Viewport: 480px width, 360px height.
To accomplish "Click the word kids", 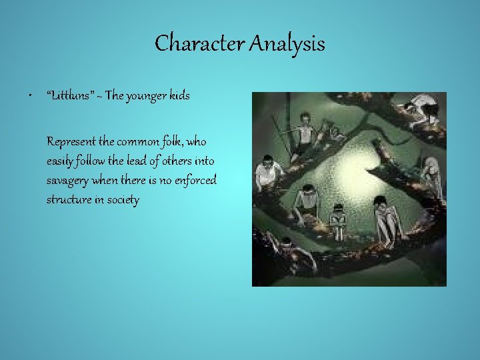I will coord(179,96).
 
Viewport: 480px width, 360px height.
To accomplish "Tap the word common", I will coord(143,142).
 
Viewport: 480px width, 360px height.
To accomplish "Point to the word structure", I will coord(69,199).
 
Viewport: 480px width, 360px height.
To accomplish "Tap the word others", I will coord(178,161).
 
